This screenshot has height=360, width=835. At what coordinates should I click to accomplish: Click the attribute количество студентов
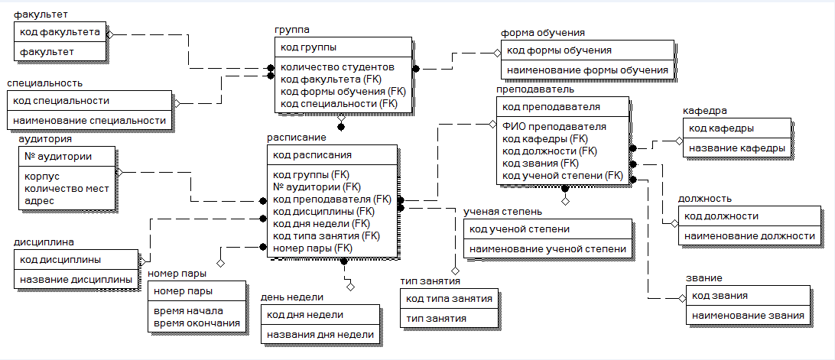pos(337,67)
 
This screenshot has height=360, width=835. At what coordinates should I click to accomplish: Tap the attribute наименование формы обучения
pos(587,70)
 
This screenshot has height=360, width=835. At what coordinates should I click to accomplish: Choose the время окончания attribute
pos(197,323)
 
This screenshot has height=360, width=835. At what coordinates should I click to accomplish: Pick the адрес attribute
pos(40,200)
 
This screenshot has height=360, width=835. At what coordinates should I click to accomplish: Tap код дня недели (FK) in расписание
pos(321,223)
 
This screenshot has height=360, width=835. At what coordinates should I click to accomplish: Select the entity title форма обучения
pos(543,33)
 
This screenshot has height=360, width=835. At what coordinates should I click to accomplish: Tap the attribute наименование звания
pos(748,315)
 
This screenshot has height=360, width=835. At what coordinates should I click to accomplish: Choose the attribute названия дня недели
pos(320,334)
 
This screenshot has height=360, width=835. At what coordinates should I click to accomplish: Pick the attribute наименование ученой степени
pos(548,248)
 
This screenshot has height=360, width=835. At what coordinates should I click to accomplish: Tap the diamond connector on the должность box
pos(674,224)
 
